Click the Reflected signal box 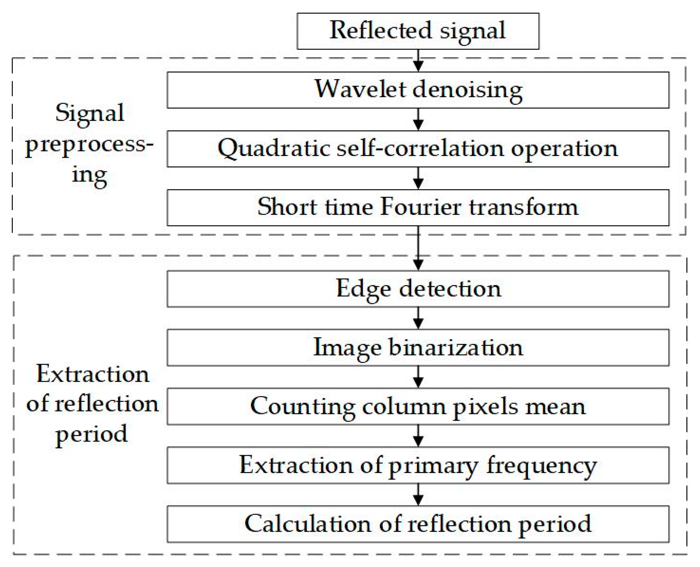click(418, 31)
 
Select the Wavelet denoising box click(418, 90)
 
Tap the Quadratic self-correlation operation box click(418, 149)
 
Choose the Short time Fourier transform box click(418, 207)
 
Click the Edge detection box click(418, 289)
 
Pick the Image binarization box click(418, 348)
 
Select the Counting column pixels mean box click(418, 406)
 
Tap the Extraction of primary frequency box click(418, 465)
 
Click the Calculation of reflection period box click(418, 524)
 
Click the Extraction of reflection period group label click(92, 404)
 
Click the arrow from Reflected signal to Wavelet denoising click(418, 61)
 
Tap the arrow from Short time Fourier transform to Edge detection click(418, 248)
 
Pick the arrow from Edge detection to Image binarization click(418, 318)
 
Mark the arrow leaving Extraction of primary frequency click(418, 495)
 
